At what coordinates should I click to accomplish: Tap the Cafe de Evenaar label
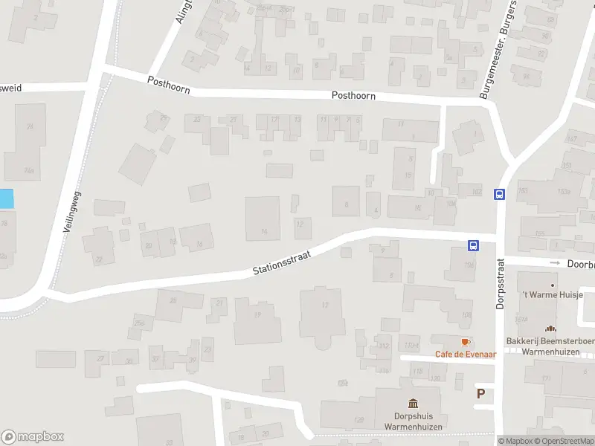click(x=466, y=354)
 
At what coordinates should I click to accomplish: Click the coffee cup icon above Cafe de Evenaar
click(x=466, y=341)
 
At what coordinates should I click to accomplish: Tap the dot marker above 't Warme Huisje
click(x=552, y=285)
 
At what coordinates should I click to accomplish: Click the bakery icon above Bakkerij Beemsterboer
click(x=550, y=329)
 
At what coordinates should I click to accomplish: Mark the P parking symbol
click(x=480, y=394)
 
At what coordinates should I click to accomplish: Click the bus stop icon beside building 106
click(x=472, y=245)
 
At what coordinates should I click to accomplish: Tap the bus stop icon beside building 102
click(x=499, y=195)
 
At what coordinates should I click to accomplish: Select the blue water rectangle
click(x=6, y=198)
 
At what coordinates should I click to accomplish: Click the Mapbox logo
click(x=33, y=436)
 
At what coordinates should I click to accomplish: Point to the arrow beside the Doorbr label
click(x=554, y=263)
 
